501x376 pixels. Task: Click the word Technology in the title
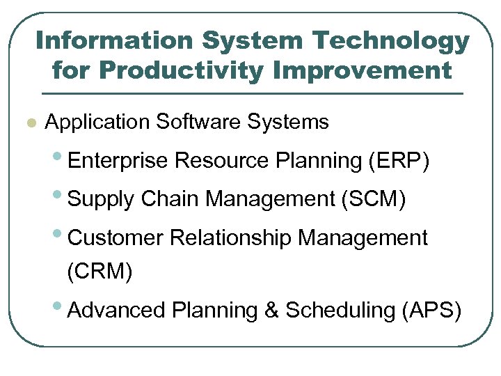pos(392,42)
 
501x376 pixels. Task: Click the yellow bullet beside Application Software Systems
pos(29,124)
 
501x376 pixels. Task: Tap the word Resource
pos(223,161)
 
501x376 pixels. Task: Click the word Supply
pos(102,200)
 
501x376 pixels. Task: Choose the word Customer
pos(116,237)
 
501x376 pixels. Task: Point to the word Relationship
pos(232,237)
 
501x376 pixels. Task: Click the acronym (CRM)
pos(99,271)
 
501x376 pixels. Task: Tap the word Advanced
pos(117,310)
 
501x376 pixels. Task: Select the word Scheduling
pos(341,311)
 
